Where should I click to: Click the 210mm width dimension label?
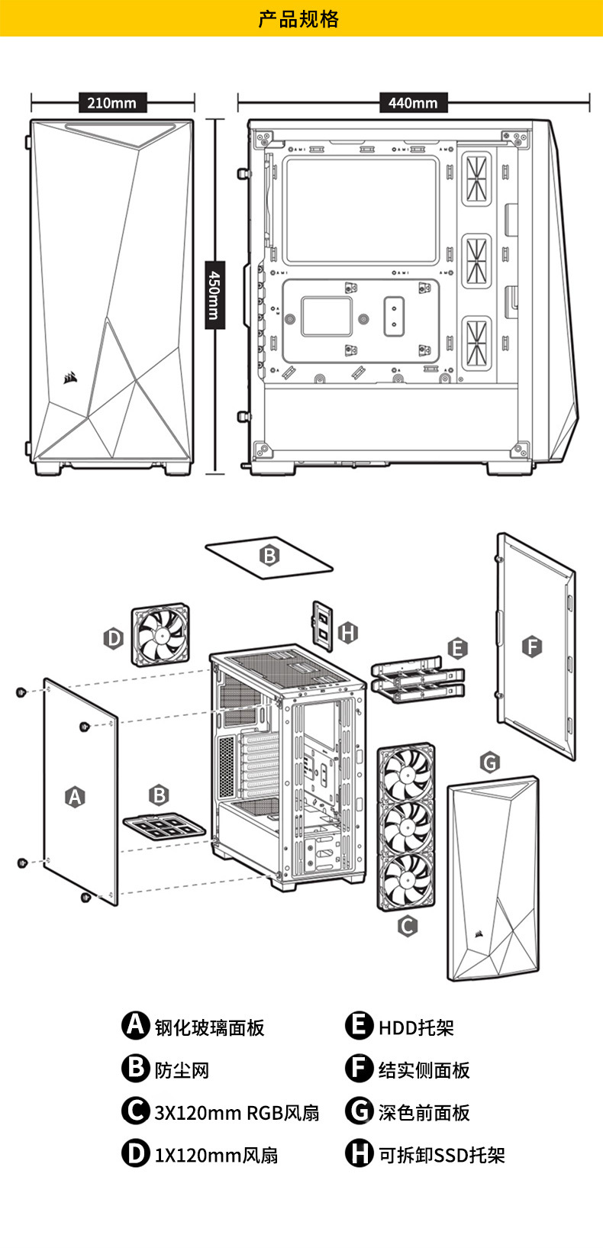(x=111, y=103)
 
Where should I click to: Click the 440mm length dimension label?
(x=413, y=103)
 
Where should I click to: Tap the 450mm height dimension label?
(x=215, y=295)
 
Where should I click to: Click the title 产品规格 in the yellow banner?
(x=298, y=19)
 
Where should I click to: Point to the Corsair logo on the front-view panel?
(x=70, y=378)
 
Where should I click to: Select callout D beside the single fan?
(x=114, y=638)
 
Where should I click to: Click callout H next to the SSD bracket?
(x=348, y=633)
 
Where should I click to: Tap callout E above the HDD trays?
(x=457, y=648)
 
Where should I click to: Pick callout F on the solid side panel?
(x=532, y=647)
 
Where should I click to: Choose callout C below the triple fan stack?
(x=408, y=926)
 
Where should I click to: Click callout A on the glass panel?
(x=76, y=797)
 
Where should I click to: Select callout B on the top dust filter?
(x=269, y=556)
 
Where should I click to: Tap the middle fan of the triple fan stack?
(x=407, y=827)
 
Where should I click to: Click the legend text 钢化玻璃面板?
(x=210, y=1027)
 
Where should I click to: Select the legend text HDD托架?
(x=416, y=1027)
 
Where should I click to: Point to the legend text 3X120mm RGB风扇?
(x=237, y=1113)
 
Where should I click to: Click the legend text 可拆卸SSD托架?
(x=442, y=1155)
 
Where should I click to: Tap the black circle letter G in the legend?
(x=359, y=1111)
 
